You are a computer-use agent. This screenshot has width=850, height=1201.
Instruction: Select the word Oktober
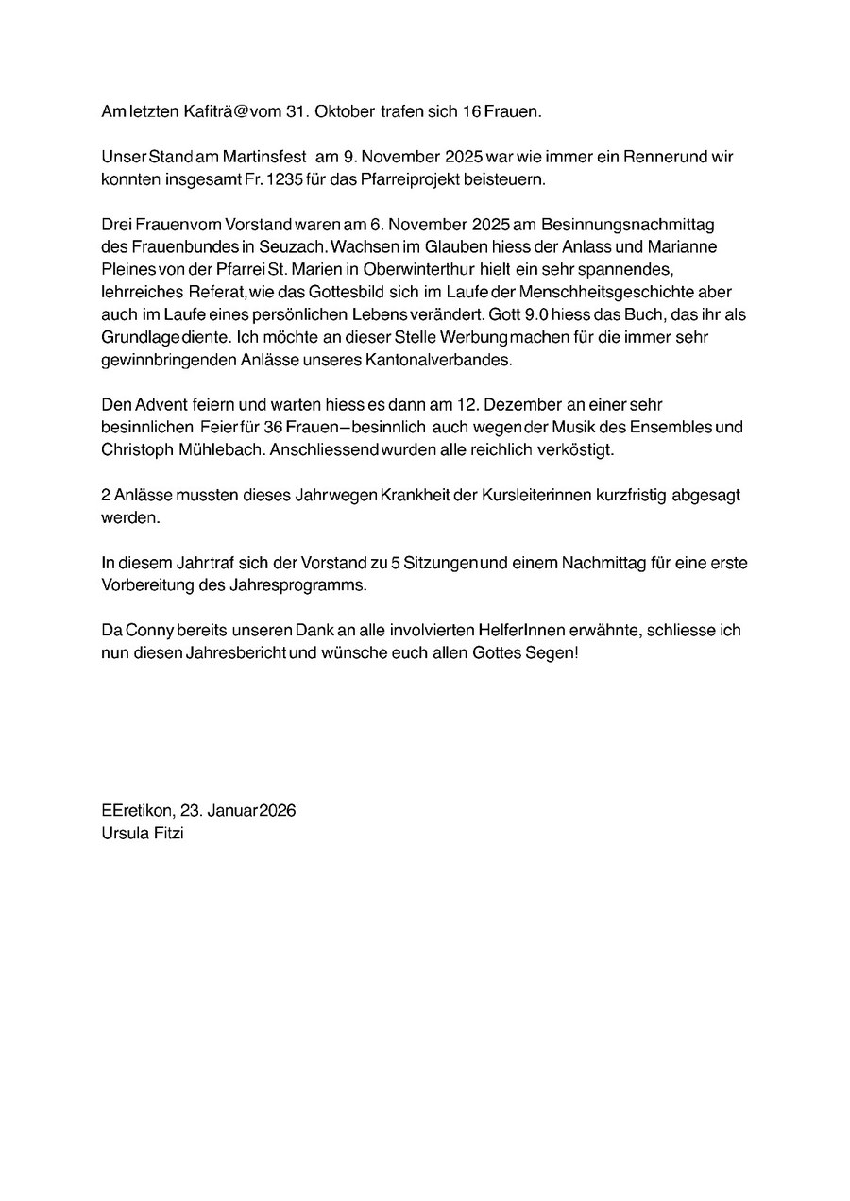[x=345, y=111]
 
